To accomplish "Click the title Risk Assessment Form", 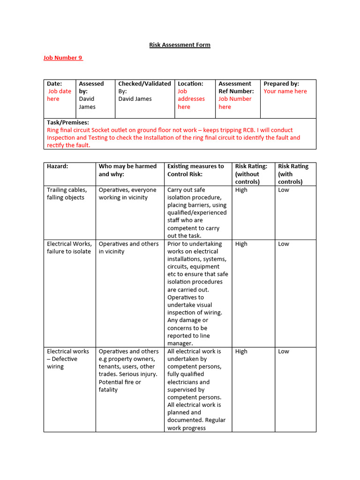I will click(x=180, y=45).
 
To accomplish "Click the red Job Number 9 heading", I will click(x=63, y=58).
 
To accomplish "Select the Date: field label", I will click(x=54, y=83).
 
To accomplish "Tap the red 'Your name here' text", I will click(x=285, y=91).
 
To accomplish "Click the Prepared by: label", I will click(x=281, y=83).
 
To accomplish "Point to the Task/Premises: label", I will click(x=67, y=122).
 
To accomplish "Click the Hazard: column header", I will click(x=57, y=166).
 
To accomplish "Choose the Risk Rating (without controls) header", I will click(x=251, y=174).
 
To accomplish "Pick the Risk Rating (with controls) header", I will click(x=293, y=174).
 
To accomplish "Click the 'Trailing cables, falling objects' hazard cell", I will click(x=67, y=194).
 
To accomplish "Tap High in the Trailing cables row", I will click(x=241, y=190).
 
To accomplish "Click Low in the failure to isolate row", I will click(x=284, y=244).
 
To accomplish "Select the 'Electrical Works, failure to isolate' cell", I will click(x=69, y=247).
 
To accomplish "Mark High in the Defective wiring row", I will click(x=241, y=351).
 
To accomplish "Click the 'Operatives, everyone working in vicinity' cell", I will click(x=127, y=194).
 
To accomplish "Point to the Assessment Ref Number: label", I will click(x=236, y=87).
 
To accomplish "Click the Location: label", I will click(x=190, y=83).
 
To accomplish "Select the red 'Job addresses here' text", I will click(x=191, y=99).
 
